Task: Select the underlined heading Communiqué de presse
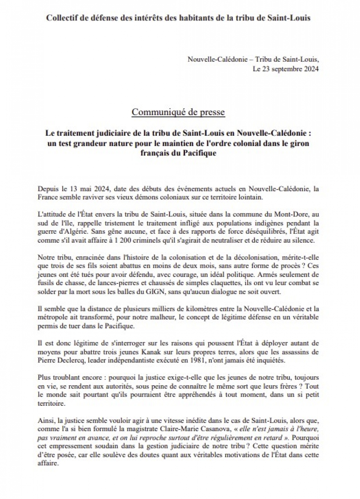pos(178,112)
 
